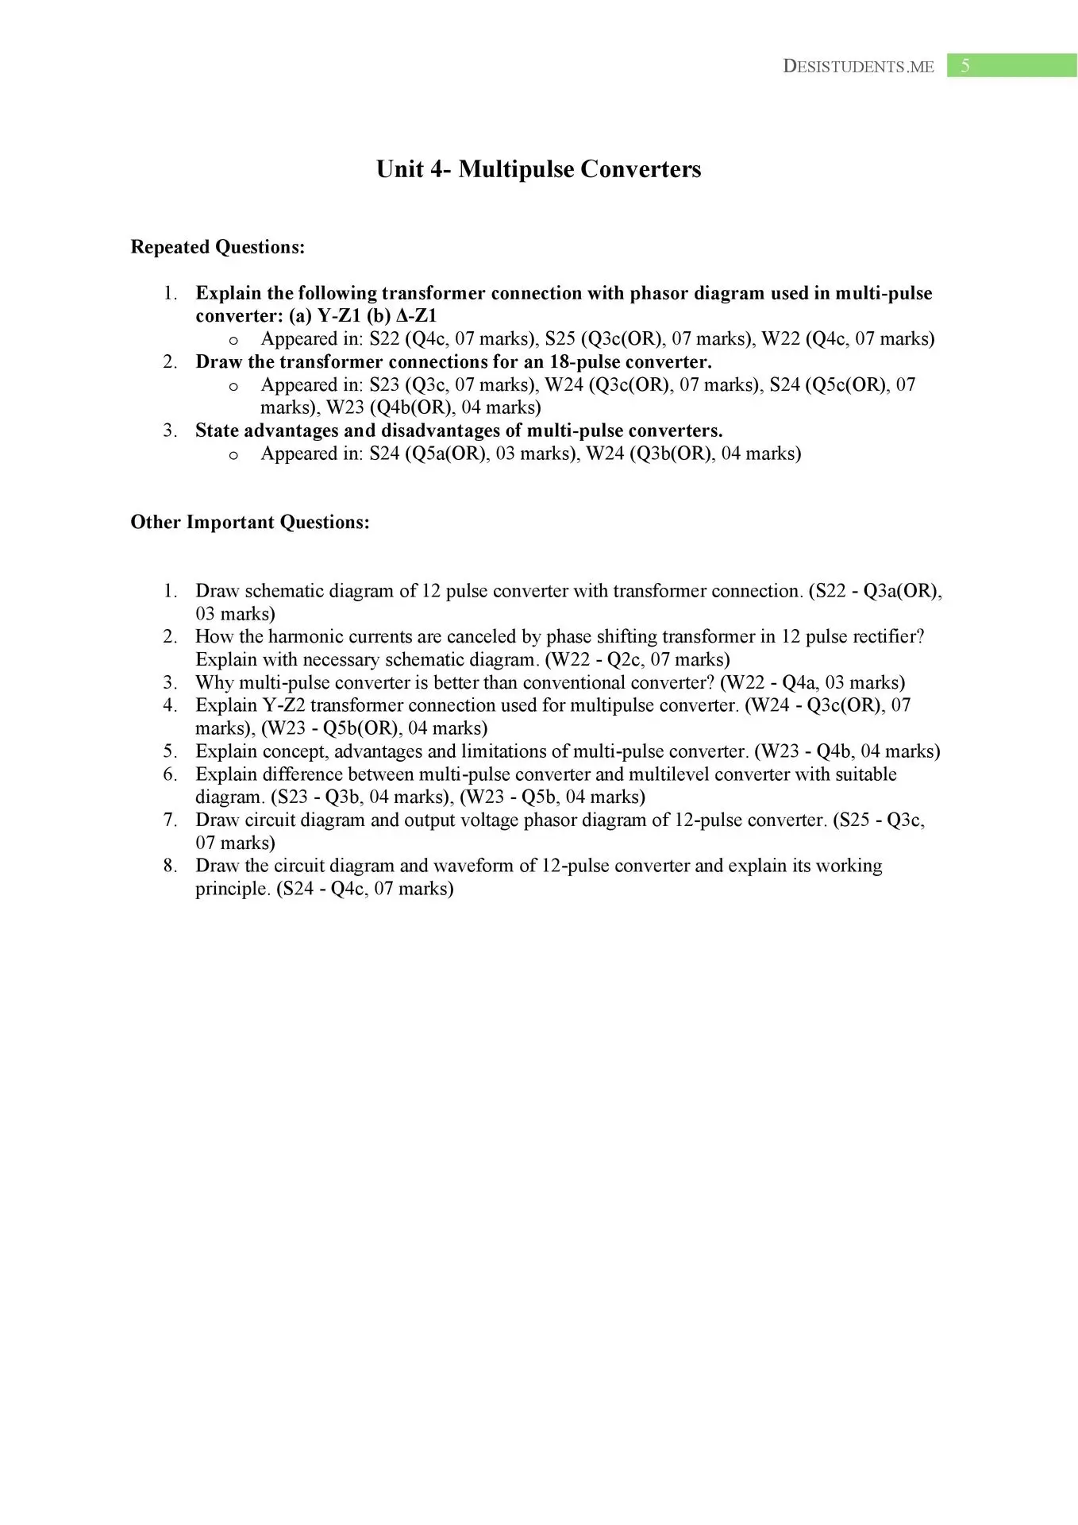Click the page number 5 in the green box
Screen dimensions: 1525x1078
964,66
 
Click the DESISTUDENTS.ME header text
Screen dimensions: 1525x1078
858,67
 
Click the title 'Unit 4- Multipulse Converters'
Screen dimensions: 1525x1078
538,169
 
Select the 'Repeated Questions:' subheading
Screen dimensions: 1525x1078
218,247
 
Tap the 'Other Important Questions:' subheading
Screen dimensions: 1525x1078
250,522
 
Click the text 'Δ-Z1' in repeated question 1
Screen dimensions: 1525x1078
416,315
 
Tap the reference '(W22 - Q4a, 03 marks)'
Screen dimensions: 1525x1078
812,682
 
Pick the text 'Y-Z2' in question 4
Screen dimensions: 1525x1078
283,705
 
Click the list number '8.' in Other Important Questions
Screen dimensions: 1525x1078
171,866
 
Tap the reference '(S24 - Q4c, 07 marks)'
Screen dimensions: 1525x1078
364,889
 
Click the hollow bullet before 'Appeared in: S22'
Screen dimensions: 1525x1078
233,340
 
